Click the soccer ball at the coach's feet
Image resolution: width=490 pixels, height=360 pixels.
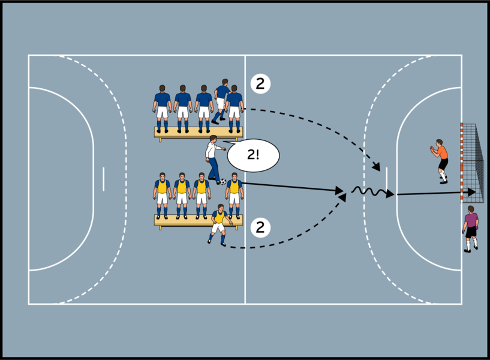pos(223,181)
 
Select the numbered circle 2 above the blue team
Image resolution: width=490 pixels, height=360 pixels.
pos(260,84)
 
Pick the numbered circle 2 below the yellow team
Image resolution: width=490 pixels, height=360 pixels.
pos(260,227)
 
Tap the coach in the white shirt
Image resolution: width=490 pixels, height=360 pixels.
pos(212,158)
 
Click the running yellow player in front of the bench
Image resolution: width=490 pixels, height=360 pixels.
pos(218,224)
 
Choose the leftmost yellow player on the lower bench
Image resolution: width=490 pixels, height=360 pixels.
pos(162,196)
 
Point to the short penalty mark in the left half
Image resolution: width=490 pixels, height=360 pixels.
pos(103,179)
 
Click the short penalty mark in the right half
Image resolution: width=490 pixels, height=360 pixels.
pos(387,178)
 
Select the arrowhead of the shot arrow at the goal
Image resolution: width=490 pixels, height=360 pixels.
pos(472,192)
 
